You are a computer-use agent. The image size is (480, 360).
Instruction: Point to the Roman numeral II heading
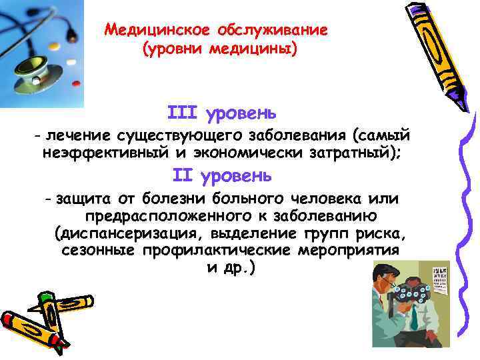click(182, 175)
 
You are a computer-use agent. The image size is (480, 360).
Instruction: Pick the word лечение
click(77, 137)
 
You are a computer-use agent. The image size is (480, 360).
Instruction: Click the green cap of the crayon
click(45, 297)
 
